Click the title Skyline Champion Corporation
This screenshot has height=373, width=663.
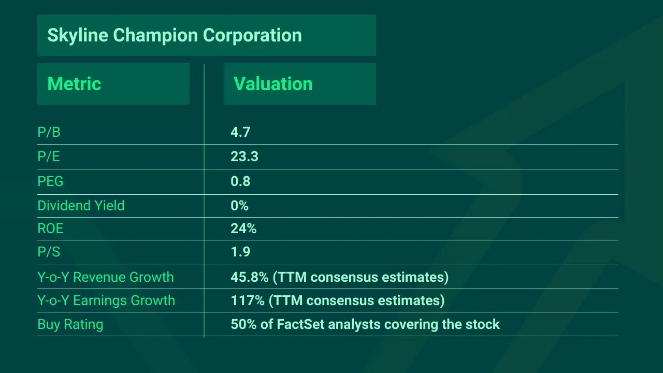coord(175,35)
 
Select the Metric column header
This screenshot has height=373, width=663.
coord(74,84)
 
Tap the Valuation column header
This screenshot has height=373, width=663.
coord(273,84)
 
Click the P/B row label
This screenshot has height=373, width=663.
coord(49,133)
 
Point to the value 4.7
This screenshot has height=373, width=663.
coord(240,133)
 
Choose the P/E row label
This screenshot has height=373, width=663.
coord(49,156)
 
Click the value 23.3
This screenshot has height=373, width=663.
coord(244,156)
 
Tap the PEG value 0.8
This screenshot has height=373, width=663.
coord(240,181)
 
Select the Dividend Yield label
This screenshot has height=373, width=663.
coord(81,206)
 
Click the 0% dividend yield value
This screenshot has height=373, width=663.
coord(239,206)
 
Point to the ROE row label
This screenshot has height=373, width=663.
coord(50,228)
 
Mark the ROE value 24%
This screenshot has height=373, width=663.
coord(243,228)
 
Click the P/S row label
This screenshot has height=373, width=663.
coord(49,252)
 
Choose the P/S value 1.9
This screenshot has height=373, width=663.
coord(240,252)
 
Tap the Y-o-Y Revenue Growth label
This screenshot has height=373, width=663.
coord(106,277)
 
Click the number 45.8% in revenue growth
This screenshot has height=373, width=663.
coord(250,277)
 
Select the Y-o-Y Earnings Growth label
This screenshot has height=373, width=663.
coord(106,300)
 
